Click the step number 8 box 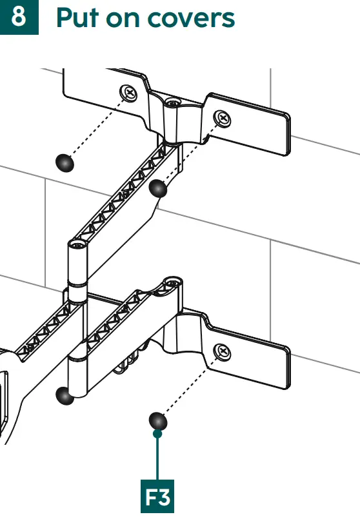(x=19, y=17)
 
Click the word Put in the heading (x=78, y=18)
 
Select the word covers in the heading (x=194, y=19)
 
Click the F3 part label (x=157, y=498)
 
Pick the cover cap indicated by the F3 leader (x=157, y=422)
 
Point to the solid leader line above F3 (x=157, y=458)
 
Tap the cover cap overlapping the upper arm (x=158, y=188)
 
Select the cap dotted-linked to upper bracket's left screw (x=65, y=163)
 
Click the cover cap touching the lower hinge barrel (x=65, y=395)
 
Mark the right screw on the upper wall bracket (x=223, y=118)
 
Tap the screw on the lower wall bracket (x=223, y=351)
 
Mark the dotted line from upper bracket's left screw (x=97, y=128)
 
